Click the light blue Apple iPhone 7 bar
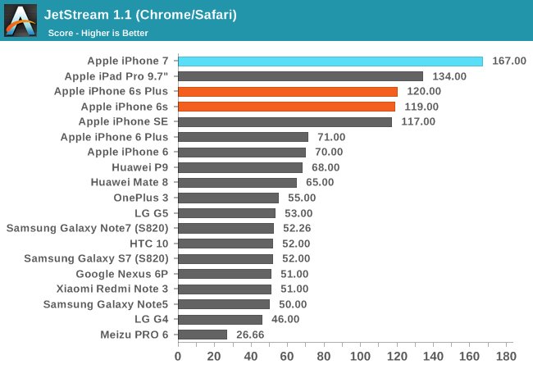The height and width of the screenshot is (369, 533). (x=330, y=61)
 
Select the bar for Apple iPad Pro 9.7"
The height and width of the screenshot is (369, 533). (x=300, y=76)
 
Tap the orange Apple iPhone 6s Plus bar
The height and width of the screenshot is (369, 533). (x=287, y=92)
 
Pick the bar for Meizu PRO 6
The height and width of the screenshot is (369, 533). (x=202, y=335)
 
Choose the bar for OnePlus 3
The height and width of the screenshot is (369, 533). (x=228, y=198)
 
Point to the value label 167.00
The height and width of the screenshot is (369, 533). (x=508, y=61)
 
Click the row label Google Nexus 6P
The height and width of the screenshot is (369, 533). (x=123, y=274)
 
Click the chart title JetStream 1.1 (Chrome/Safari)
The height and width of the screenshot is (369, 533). (x=142, y=15)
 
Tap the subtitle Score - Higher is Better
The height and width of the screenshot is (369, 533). (x=98, y=33)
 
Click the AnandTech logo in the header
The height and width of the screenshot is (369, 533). (x=20, y=20)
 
